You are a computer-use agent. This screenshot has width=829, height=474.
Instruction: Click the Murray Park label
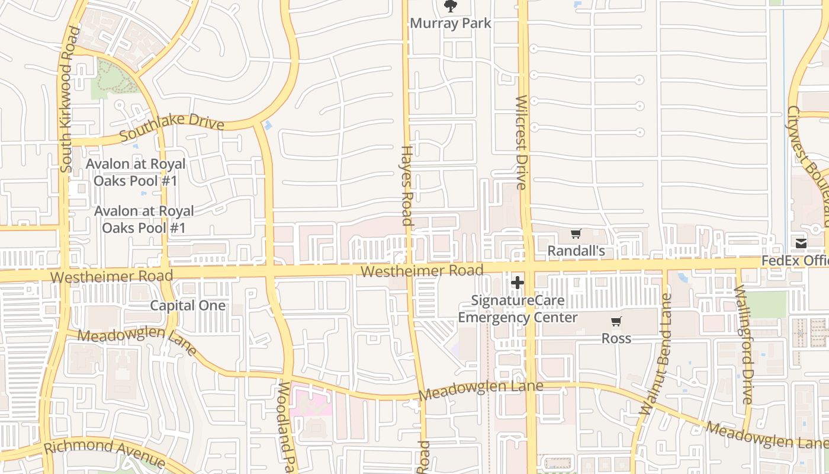coord(451,23)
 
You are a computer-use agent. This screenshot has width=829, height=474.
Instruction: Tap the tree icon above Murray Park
coord(451,7)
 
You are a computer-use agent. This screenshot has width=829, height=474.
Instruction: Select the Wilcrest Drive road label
coord(521,142)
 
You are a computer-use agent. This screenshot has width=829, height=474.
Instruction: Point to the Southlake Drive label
coord(172,127)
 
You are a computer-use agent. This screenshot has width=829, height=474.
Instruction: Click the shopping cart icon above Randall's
coord(576,234)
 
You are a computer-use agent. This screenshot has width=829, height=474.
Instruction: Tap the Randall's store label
coord(576,251)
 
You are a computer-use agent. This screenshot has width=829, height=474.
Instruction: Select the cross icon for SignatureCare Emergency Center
coord(518,283)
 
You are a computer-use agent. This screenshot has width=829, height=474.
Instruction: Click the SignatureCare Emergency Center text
coord(518,309)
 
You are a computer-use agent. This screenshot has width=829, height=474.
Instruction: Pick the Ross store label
coord(616,338)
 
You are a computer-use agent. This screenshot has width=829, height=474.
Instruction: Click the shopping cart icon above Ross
coord(616,322)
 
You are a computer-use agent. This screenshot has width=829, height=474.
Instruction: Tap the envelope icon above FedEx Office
coord(801,244)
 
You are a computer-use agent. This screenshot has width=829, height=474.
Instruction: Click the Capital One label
coord(188,306)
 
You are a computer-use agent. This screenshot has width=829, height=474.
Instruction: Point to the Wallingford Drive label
coord(743,345)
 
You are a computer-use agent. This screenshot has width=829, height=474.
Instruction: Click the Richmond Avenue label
coord(105,453)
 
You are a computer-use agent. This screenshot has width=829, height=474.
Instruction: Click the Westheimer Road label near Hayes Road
coord(422,271)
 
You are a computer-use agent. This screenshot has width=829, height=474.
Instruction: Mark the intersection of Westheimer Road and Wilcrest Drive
coord(526,265)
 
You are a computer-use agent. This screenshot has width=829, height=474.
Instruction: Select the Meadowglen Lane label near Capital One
coord(137,341)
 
